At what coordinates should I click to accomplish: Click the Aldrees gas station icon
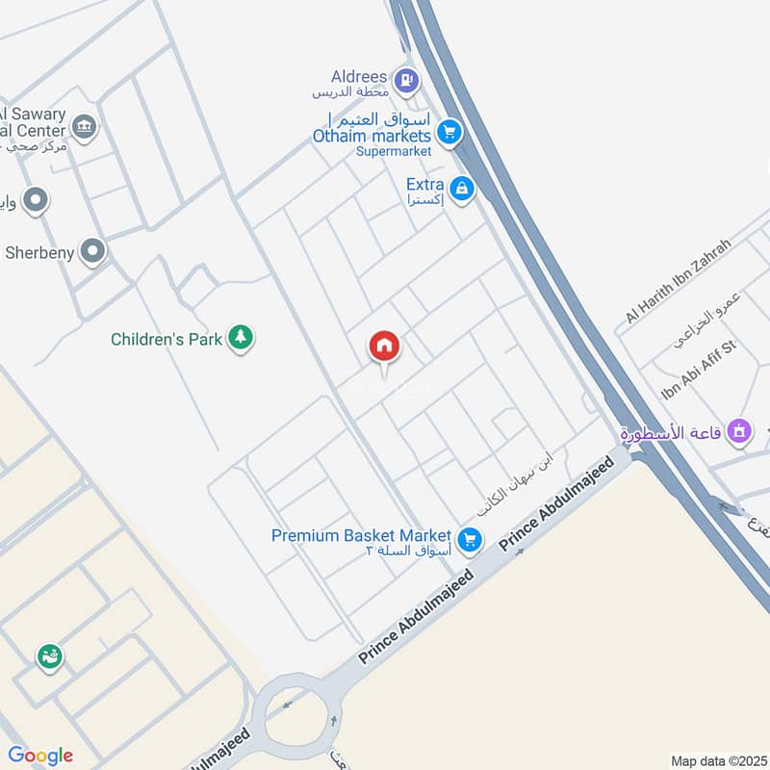(407, 81)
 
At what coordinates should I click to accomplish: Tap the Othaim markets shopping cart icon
(449, 132)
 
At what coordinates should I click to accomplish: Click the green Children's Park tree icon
(241, 338)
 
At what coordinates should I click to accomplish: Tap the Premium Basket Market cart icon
(469, 539)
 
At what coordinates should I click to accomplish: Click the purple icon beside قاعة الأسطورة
(739, 432)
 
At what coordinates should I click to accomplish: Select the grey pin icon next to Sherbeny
(92, 252)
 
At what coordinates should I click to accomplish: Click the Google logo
(39, 756)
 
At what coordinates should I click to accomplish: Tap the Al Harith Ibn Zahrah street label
(678, 280)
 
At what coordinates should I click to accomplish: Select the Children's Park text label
(167, 339)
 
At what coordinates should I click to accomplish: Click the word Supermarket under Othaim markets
(394, 151)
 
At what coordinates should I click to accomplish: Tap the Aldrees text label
(360, 76)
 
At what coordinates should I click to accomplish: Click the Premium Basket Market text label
(361, 535)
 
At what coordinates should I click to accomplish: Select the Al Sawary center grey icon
(85, 127)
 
